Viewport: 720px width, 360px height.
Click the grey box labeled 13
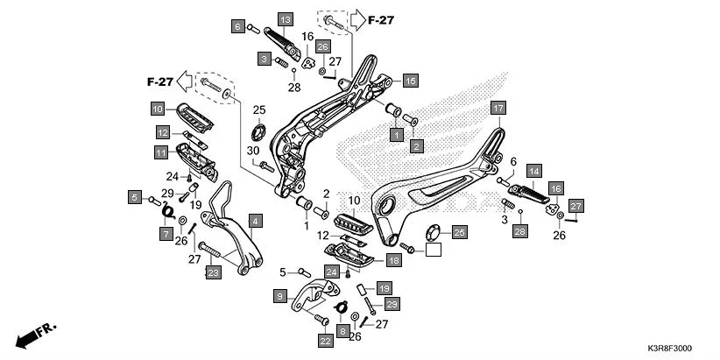pyautogui.click(x=286, y=19)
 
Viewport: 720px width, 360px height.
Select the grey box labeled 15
pyautogui.click(x=410, y=81)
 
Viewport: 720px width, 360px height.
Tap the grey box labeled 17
pyautogui.click(x=498, y=109)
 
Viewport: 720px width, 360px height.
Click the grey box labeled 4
pyautogui.click(x=254, y=221)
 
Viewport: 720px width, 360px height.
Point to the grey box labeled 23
pyautogui.click(x=213, y=272)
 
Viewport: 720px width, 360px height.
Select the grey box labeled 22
pyautogui.click(x=324, y=341)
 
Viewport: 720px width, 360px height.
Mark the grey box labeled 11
pyautogui.click(x=162, y=152)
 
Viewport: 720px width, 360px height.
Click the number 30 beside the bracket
pyautogui.click(x=253, y=150)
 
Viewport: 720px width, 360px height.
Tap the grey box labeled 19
pyautogui.click(x=385, y=288)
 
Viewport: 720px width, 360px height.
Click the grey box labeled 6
pyautogui.click(x=237, y=27)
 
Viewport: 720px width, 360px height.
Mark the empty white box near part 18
pyautogui.click(x=432, y=250)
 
